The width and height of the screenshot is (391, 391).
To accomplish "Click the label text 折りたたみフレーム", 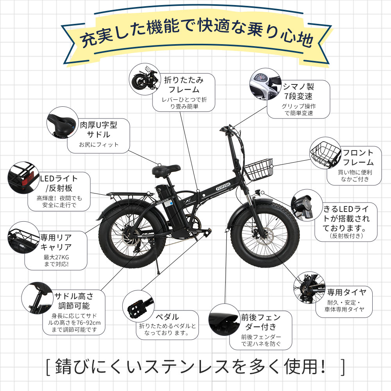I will click(184, 84).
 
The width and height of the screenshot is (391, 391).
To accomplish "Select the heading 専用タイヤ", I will click(346, 292).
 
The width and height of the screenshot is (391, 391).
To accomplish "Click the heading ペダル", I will click(167, 317).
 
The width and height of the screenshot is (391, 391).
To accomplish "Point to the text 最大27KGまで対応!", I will click(56, 260).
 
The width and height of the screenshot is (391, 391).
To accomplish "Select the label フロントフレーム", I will click(358, 157).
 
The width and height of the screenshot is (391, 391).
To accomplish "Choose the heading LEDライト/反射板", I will click(59, 183).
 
